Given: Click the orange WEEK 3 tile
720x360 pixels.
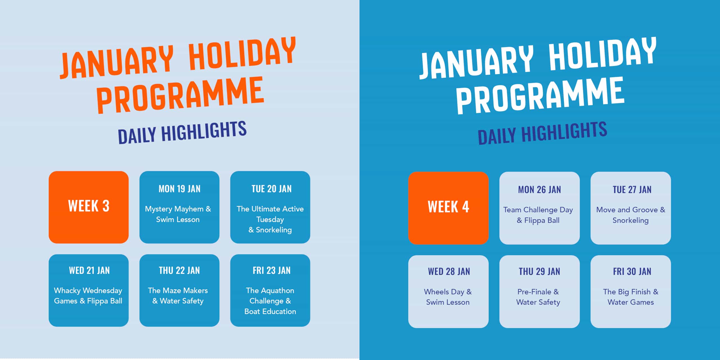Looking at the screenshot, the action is point(89,207).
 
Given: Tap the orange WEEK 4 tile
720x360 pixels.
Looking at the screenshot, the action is point(448,208).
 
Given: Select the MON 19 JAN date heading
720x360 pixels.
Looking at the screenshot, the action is point(179,189).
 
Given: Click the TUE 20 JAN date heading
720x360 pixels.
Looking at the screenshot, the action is point(271,189).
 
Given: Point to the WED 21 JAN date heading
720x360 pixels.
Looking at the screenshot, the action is point(89,270).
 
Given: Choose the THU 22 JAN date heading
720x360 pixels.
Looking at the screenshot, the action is point(179,270).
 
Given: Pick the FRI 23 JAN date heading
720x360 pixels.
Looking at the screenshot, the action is point(271,270).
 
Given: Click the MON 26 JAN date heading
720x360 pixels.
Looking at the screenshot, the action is point(539,190).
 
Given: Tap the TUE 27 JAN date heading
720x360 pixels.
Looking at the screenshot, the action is point(632,190).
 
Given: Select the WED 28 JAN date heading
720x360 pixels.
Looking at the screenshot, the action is point(449,271).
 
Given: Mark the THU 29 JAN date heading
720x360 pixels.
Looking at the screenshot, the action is point(539,271).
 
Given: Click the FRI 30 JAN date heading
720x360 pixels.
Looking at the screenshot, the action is point(632,271).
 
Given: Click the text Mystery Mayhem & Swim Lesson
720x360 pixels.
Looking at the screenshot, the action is point(178,214).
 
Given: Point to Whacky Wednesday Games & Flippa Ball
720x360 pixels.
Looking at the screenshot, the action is point(88,296).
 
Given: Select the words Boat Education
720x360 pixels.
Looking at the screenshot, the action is point(270,311).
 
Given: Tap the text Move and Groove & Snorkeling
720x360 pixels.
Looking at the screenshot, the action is point(631,215).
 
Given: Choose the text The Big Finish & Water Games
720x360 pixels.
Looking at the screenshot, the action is point(631,297).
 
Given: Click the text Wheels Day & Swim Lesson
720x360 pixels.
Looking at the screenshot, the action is point(448,297).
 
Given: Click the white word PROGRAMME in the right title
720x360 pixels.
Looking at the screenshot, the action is point(540,96).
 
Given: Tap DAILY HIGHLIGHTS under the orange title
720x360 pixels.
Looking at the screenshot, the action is point(182,132).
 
